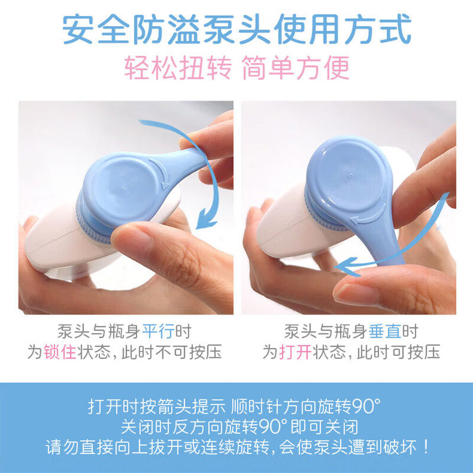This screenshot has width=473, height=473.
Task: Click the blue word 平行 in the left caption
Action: (x=158, y=332)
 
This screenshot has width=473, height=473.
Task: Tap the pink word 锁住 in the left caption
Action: (x=60, y=352)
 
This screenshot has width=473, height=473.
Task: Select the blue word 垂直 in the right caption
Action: (x=385, y=332)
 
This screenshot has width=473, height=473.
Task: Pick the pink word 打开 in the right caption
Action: (x=295, y=352)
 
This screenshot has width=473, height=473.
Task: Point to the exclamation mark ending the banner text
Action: (x=426, y=447)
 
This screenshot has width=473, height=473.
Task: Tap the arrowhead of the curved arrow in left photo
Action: (x=205, y=219)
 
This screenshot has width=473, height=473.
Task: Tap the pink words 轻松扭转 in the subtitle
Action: (x=178, y=67)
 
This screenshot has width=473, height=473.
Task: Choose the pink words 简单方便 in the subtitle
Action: (x=296, y=67)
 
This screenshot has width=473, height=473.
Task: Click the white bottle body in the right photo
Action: (x=290, y=229)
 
